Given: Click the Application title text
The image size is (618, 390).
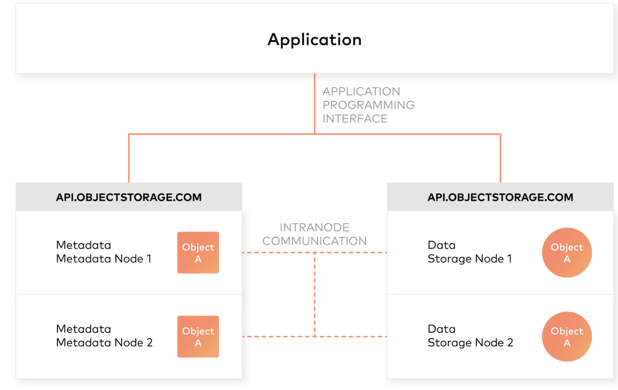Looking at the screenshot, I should pyautogui.click(x=314, y=40).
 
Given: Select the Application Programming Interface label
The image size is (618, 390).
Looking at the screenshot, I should pyautogui.click(x=368, y=105).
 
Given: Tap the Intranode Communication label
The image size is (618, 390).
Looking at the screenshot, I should pyautogui.click(x=315, y=234).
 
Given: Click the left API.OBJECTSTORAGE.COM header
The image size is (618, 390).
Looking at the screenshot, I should pyautogui.click(x=129, y=197).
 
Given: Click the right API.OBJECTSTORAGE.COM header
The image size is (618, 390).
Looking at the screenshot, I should pyautogui.click(x=500, y=197).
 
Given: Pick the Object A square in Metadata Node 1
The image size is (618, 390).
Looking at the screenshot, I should pyautogui.click(x=198, y=252).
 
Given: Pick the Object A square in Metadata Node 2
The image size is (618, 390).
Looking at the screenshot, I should pyautogui.click(x=198, y=336).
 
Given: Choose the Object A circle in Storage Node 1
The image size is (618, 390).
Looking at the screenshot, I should pyautogui.click(x=566, y=252).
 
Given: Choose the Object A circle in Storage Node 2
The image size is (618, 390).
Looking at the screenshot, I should pyautogui.click(x=566, y=336).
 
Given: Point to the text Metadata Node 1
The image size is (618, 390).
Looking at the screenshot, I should pyautogui.click(x=104, y=259).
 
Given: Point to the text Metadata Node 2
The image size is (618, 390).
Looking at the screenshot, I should pyautogui.click(x=104, y=343).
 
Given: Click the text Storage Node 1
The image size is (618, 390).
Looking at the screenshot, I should pyautogui.click(x=470, y=259).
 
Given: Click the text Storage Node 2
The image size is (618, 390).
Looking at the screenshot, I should pyautogui.click(x=470, y=343).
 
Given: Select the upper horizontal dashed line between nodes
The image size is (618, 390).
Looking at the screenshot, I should pyautogui.click(x=278, y=252).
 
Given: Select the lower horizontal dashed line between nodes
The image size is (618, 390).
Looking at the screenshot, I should pyautogui.click(x=278, y=336).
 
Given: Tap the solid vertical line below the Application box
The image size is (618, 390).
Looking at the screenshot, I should pyautogui.click(x=315, y=103).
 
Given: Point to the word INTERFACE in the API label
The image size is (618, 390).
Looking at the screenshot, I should pyautogui.click(x=355, y=118).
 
